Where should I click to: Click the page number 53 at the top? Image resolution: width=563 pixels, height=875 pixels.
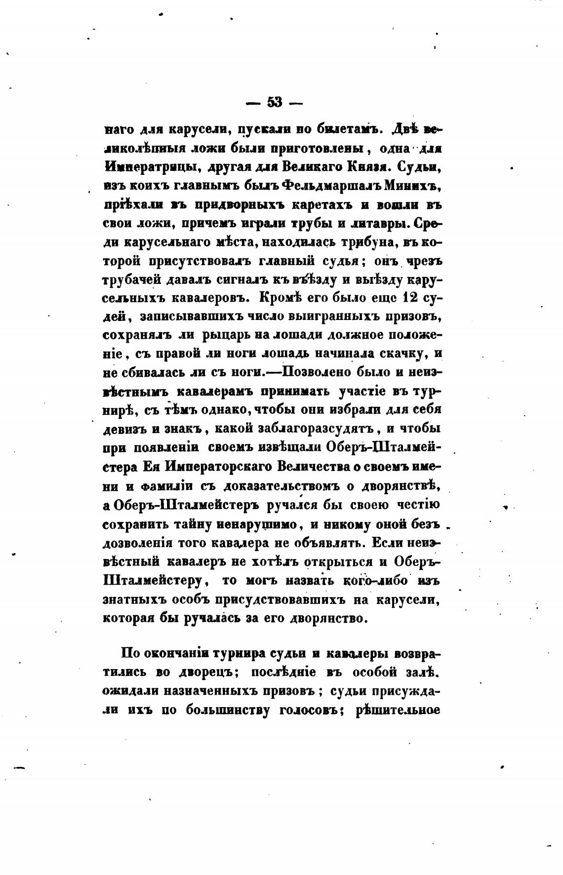[275, 102]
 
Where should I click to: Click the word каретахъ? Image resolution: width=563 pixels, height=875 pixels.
[323, 204]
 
